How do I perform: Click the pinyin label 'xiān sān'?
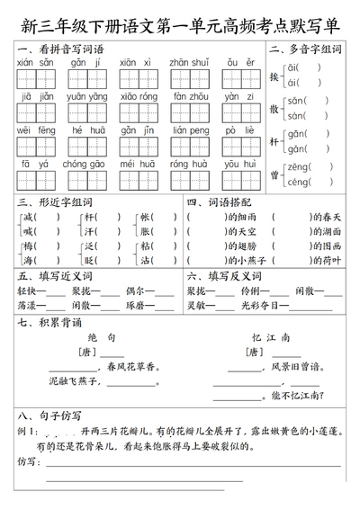click(37, 63)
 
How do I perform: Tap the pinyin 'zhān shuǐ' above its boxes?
click(191, 63)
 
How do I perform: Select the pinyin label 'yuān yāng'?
click(88, 97)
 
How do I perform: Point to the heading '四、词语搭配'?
click(217, 203)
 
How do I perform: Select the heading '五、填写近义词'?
click(55, 276)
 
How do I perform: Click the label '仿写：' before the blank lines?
click(30, 462)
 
